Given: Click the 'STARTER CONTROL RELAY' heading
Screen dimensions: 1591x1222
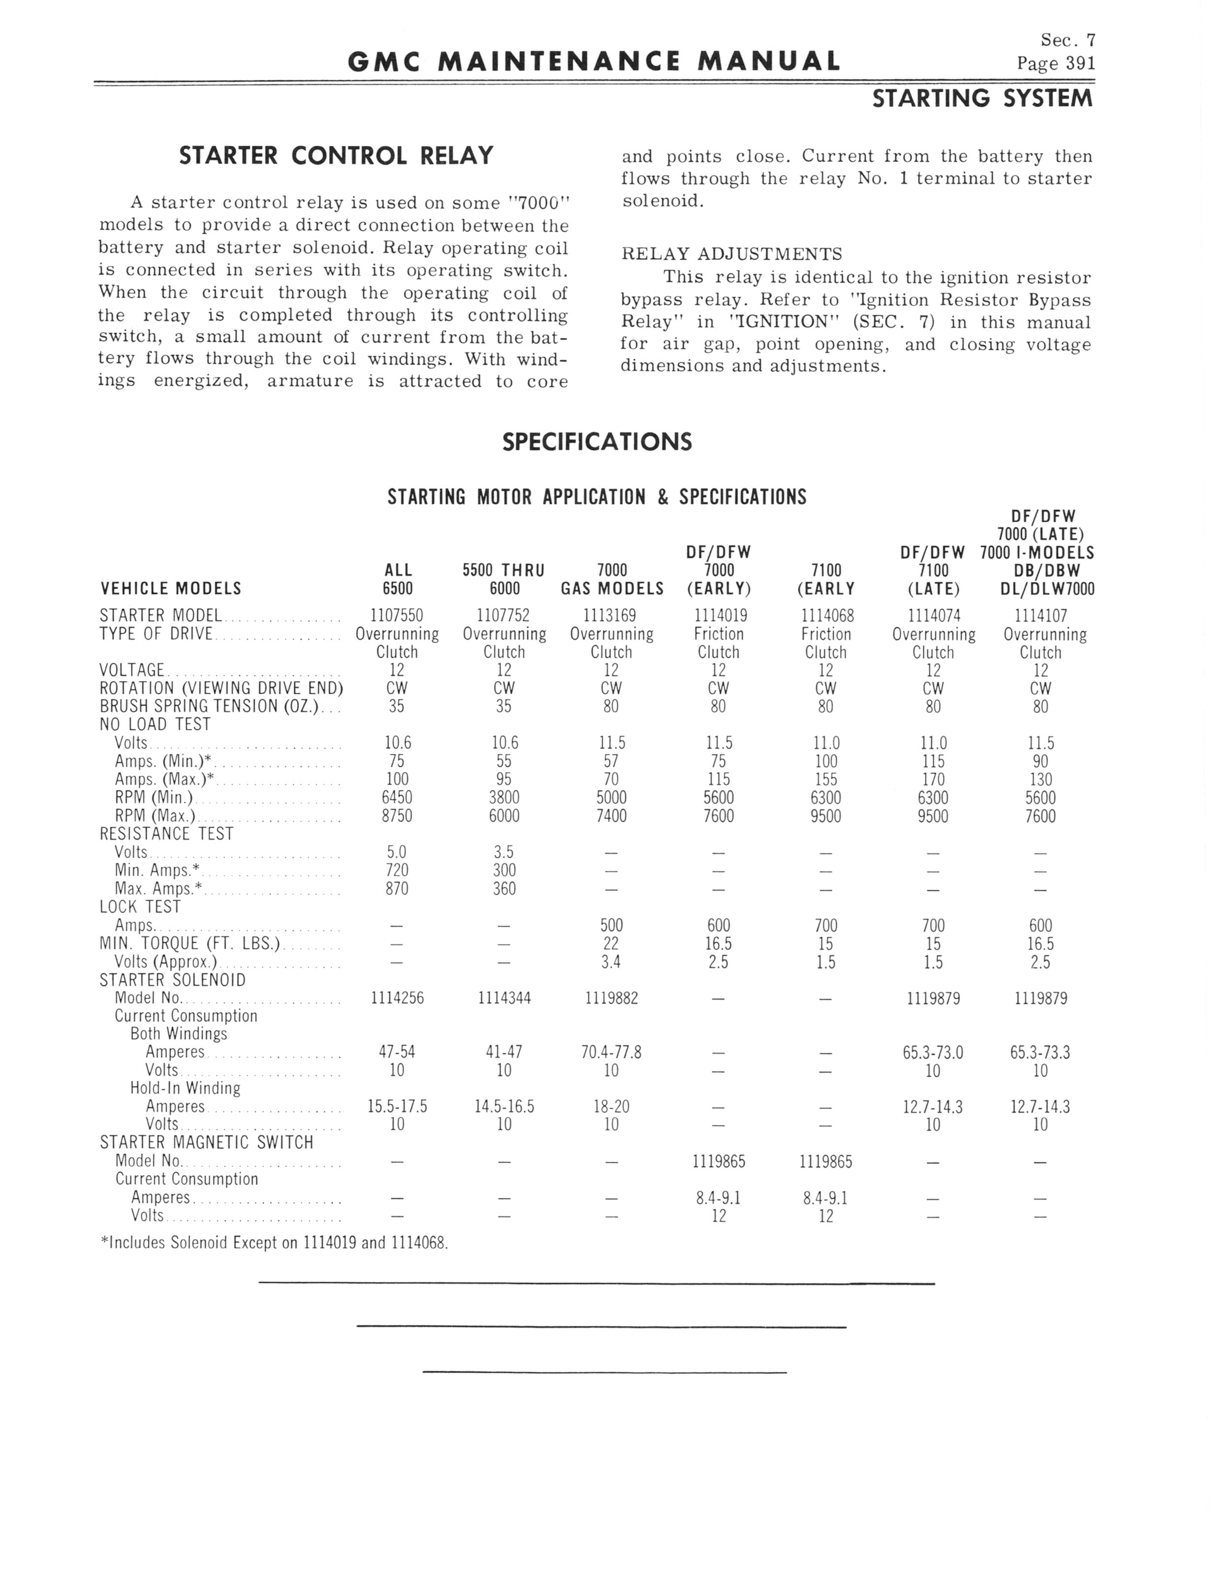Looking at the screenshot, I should click(336, 156).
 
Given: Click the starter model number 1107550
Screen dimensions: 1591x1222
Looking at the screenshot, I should click(397, 616).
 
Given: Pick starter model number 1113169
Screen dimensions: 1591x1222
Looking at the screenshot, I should click(611, 616).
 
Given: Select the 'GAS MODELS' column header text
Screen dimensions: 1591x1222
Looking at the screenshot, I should click(611, 589).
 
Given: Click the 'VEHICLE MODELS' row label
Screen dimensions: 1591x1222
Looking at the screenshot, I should click(171, 589).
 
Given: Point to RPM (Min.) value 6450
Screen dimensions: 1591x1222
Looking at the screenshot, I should click(397, 798).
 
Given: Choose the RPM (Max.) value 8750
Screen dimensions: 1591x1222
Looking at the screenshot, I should click(397, 816).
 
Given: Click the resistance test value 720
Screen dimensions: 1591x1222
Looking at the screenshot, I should click(397, 871).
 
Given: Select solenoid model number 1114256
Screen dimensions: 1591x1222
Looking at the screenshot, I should click(397, 998).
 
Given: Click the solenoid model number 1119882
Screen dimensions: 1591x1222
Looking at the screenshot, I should click(611, 998).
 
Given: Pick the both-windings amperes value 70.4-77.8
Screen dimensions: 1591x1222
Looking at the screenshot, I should click(611, 1052).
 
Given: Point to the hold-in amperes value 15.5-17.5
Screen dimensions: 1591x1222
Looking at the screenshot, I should click(397, 1107).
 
